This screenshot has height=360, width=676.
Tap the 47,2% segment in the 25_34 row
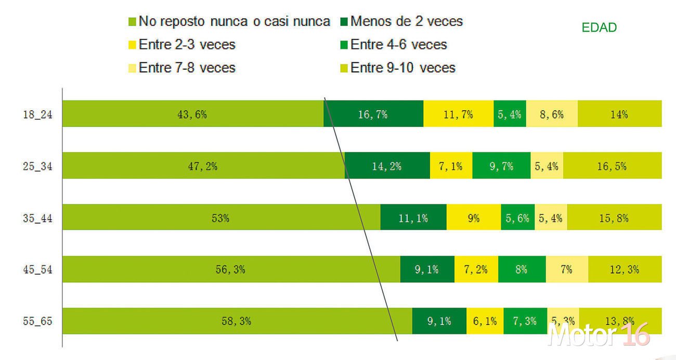[203, 166]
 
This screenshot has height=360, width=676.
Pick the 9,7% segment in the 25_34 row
[501, 166]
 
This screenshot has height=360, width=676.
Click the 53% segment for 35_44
[221, 217]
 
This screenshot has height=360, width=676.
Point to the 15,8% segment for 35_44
[614, 217]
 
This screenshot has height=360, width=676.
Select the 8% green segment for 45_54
[522, 269]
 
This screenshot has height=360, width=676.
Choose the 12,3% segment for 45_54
[625, 269]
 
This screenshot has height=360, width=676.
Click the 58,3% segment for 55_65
[237, 320]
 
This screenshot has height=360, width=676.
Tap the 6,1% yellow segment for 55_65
[485, 320]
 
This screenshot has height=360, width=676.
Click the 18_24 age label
[37, 115]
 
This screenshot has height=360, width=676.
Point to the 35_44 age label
[37, 218]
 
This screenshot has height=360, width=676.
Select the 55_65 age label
[37, 321]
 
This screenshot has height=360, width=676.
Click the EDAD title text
[599, 28]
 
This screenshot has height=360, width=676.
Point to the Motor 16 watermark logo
[599, 334]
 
